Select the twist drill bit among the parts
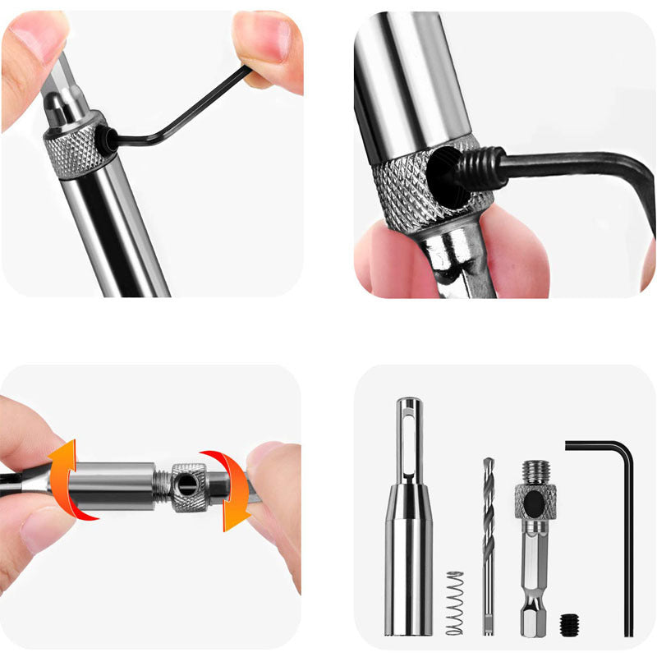[x=489, y=542]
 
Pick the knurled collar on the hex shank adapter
[x=535, y=501]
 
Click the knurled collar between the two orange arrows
[x=189, y=486]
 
